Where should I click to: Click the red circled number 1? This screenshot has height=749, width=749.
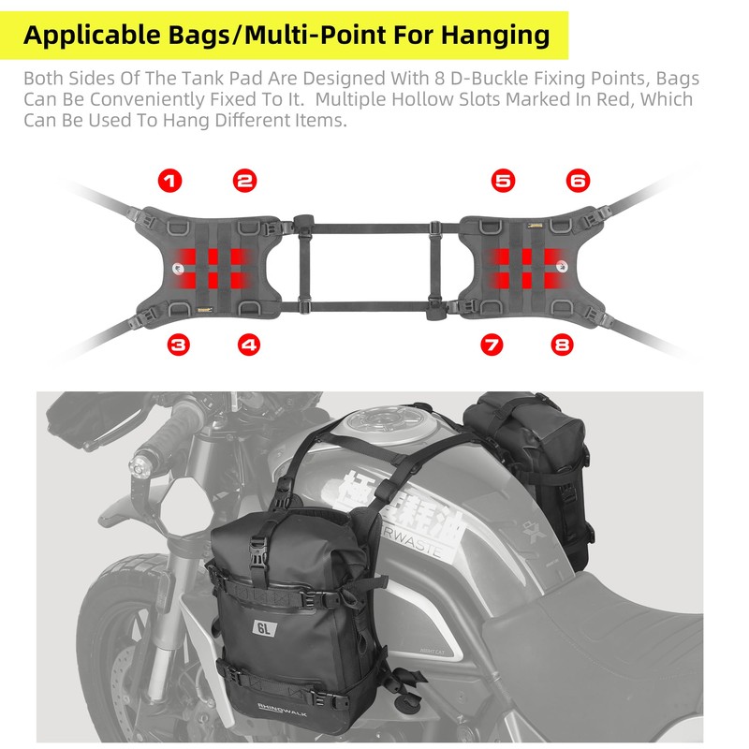point(171,181)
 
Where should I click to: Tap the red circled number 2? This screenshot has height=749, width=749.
point(245,181)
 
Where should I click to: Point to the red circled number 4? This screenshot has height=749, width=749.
point(248,345)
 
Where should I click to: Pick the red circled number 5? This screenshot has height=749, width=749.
point(504,181)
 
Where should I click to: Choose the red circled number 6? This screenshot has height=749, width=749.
point(578,181)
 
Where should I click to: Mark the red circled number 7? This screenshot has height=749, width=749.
point(492,345)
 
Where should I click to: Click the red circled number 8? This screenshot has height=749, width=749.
point(563,345)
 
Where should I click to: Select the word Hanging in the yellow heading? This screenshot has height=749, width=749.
point(492,36)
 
